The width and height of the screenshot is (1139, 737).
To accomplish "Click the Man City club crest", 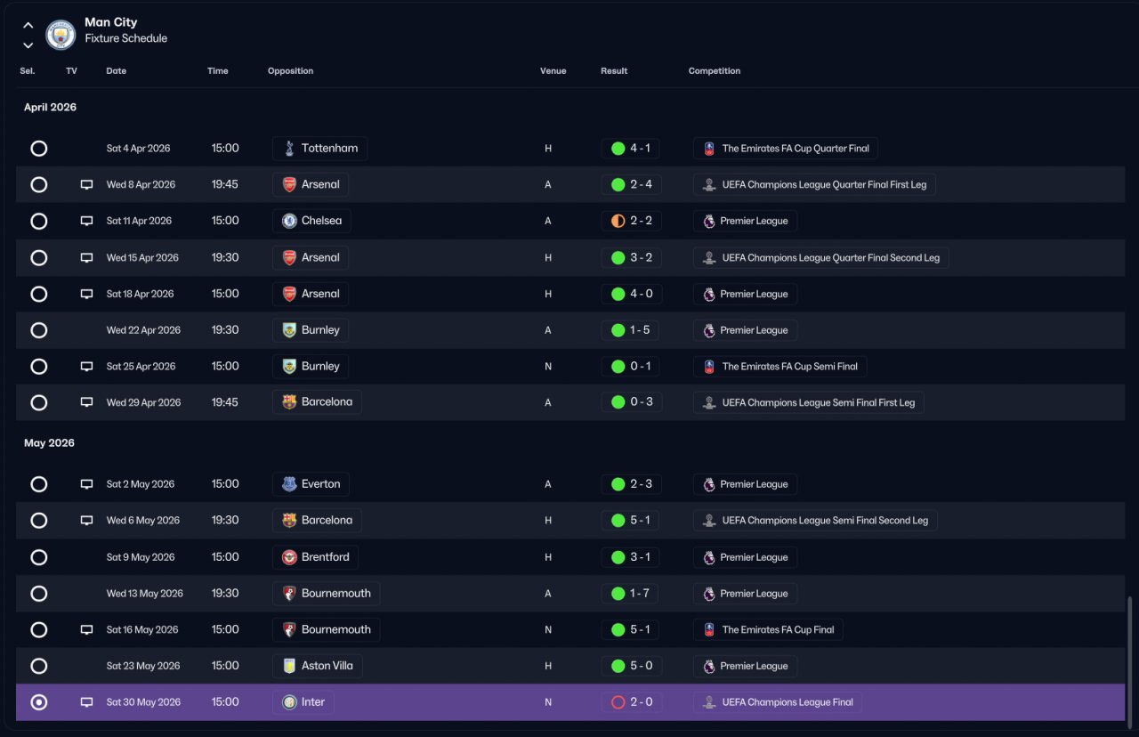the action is (61, 35).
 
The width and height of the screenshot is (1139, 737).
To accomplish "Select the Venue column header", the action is (553, 70).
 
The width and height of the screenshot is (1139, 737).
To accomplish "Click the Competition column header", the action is (714, 70).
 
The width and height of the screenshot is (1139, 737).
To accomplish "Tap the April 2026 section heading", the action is (50, 108).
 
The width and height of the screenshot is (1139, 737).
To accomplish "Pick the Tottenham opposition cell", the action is (319, 149).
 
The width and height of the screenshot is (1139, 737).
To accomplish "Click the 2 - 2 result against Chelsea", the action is (631, 221).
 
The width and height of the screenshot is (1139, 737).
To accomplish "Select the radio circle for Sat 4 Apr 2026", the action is (38, 149).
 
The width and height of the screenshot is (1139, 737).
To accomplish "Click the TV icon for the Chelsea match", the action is (86, 221).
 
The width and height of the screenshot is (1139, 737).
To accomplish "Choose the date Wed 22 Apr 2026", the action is (143, 330).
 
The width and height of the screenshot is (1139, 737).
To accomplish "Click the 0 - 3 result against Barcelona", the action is (631, 402).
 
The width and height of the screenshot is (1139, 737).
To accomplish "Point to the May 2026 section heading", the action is (49, 443).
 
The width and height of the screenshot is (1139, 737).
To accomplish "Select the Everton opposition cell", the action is (311, 484).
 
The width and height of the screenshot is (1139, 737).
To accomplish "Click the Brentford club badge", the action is (289, 557).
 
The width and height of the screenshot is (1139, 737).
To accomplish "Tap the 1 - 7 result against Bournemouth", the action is (629, 594).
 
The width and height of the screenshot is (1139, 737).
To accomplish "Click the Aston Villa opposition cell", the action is (318, 666).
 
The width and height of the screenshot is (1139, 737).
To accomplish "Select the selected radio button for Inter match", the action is (38, 702).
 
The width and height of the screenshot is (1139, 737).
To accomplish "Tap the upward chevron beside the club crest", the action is (28, 25).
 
